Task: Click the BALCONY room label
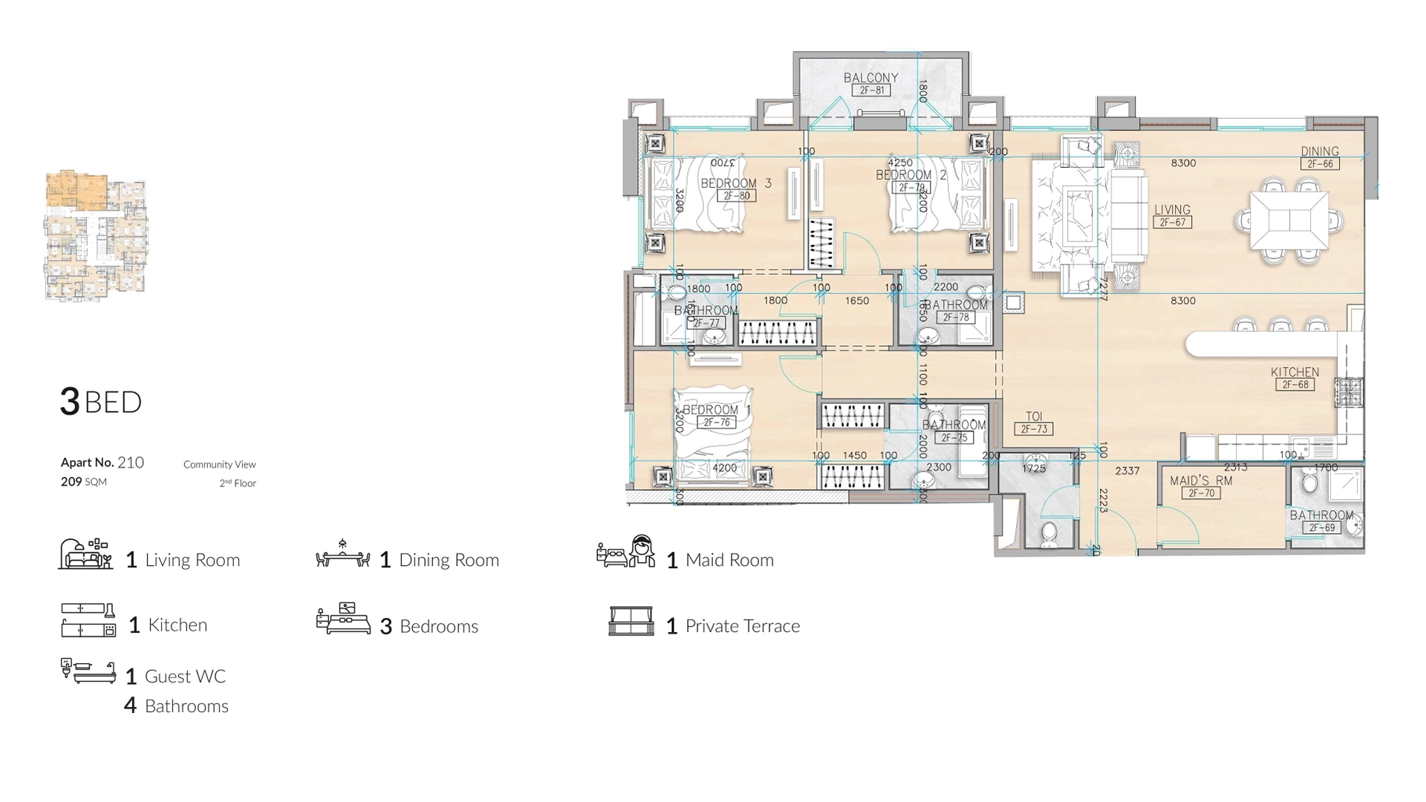870,78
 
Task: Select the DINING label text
1319,151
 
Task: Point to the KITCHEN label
1295,372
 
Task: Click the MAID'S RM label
1200,480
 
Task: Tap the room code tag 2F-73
1033,429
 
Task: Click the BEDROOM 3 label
735,183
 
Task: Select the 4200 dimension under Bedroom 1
724,468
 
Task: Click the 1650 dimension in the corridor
856,301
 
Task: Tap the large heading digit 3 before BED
69,402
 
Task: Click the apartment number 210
131,463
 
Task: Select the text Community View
219,465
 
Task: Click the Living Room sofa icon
85,554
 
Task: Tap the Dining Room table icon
342,555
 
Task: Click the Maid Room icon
625,552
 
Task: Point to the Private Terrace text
742,626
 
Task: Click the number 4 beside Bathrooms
130,705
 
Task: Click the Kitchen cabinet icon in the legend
88,620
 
